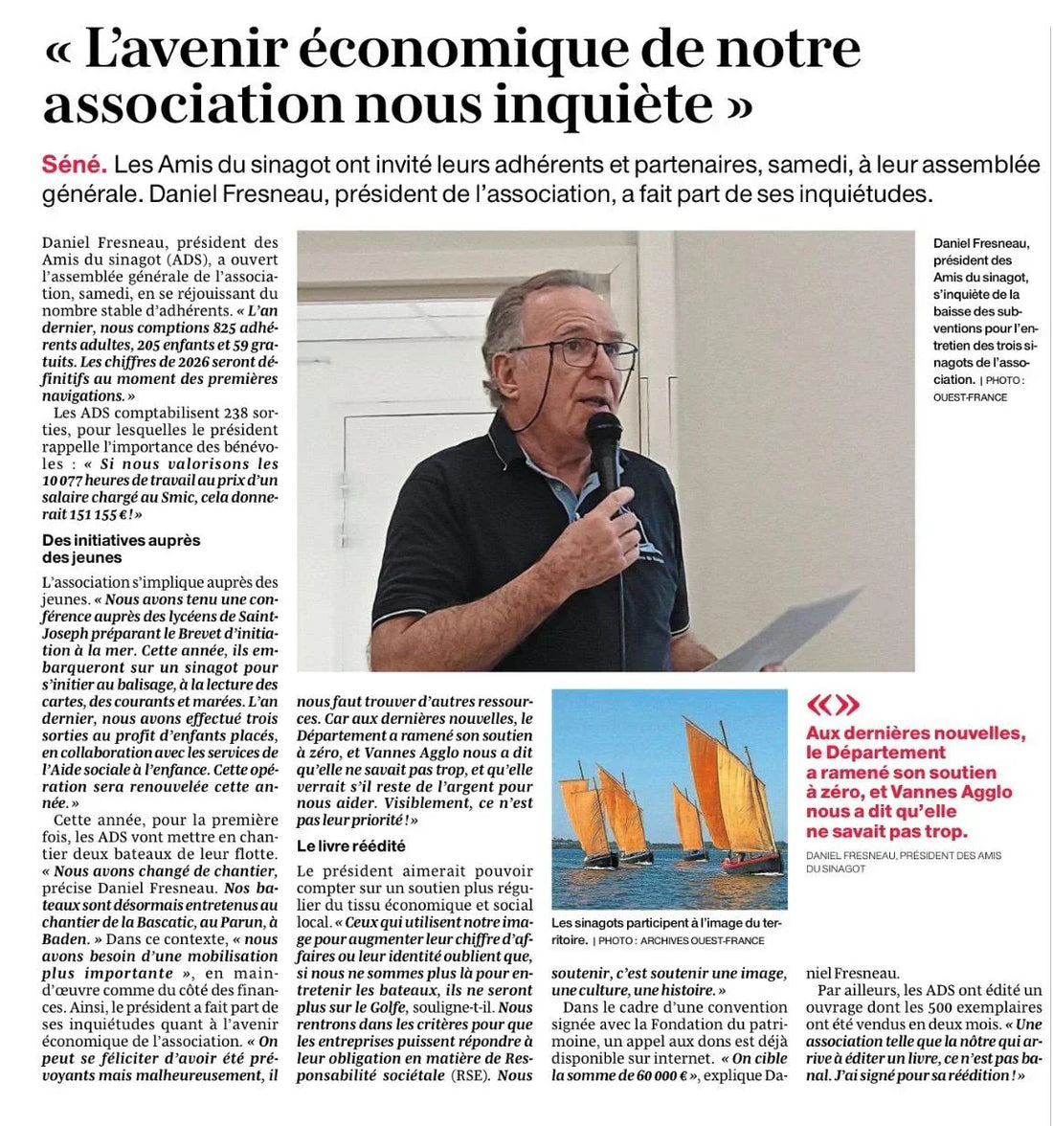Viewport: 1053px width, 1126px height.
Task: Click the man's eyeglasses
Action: coord(574,352)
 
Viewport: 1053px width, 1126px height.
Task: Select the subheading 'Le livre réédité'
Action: coord(350,845)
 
